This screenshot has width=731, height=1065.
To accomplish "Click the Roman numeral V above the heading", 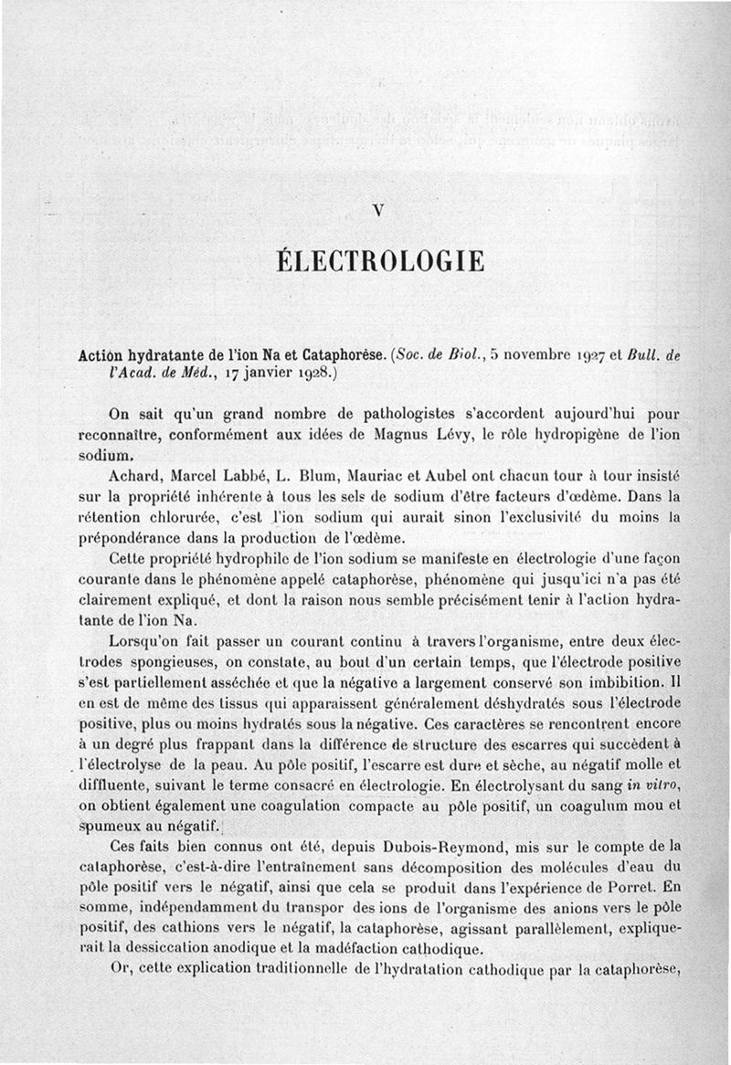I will click(377, 209).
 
